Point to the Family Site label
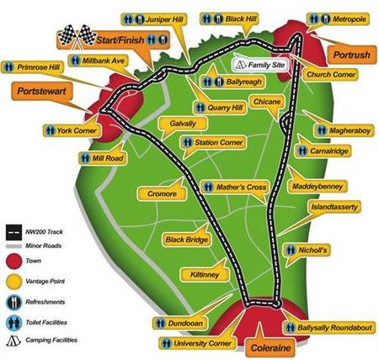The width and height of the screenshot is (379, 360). (268, 63)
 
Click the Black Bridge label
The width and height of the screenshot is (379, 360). (186, 239)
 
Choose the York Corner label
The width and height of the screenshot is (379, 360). (69, 131)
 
